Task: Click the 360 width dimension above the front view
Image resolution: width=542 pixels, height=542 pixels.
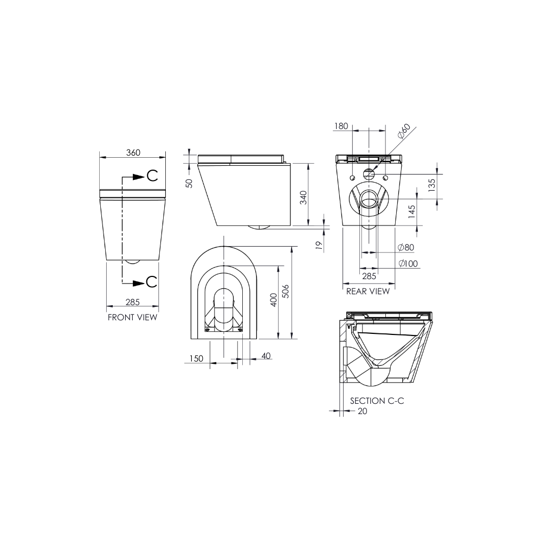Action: click(133, 152)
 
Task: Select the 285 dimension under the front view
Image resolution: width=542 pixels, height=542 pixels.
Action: click(133, 302)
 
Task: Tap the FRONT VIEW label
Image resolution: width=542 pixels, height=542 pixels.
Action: click(132, 317)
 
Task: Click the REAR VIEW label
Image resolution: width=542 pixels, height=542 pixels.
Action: click(367, 291)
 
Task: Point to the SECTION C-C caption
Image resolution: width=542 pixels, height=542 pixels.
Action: click(377, 401)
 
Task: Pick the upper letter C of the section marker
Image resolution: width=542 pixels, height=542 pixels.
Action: click(152, 176)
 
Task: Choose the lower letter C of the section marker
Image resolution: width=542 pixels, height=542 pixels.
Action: click(152, 282)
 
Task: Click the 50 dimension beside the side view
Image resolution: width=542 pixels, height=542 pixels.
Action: click(189, 183)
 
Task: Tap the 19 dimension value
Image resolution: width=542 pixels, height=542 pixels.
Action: click(319, 245)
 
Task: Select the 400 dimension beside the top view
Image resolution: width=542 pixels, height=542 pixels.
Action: click(274, 300)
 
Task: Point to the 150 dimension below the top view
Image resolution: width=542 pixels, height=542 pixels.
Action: click(196, 358)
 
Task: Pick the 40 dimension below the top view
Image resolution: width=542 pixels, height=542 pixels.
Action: click(266, 356)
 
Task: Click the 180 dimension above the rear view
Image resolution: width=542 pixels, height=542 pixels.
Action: click(340, 126)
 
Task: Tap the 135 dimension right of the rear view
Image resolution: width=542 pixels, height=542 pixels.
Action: click(431, 185)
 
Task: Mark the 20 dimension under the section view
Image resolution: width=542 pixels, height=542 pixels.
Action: click(362, 411)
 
